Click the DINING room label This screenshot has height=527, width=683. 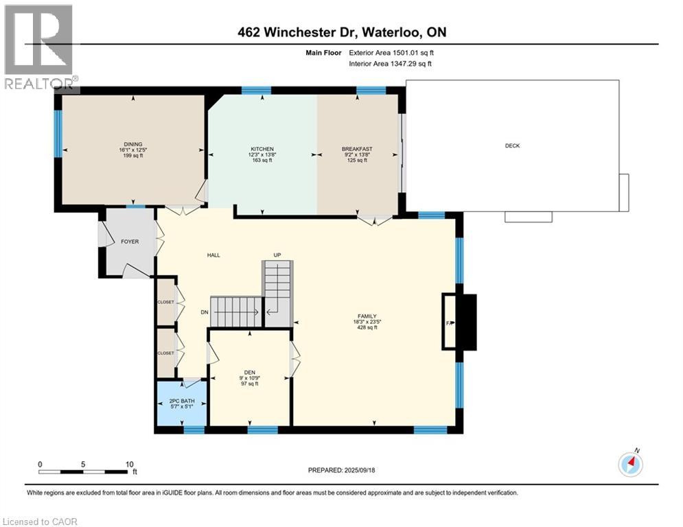coord(133,145)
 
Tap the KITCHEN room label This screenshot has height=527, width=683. coord(262,149)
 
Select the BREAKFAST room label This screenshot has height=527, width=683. coord(357,149)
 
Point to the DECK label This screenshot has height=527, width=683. coord(512,146)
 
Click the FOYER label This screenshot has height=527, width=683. coord(130,242)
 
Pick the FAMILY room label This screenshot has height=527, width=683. coord(367,316)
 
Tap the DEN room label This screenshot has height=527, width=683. coord(250,373)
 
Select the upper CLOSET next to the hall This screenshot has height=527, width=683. coord(165,302)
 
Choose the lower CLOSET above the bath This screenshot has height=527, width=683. coord(165,353)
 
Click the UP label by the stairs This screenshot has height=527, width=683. coord(277,255)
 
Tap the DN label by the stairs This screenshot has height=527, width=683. coord(205,312)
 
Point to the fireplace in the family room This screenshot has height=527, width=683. coord(459,322)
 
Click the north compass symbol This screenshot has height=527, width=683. coord(630,465)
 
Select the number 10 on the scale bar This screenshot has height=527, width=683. coord(129,465)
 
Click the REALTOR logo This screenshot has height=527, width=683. coord(40,47)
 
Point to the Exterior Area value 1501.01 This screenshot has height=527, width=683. coord(407,53)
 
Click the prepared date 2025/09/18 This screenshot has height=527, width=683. coord(360,470)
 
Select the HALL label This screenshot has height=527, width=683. coord(213,255)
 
